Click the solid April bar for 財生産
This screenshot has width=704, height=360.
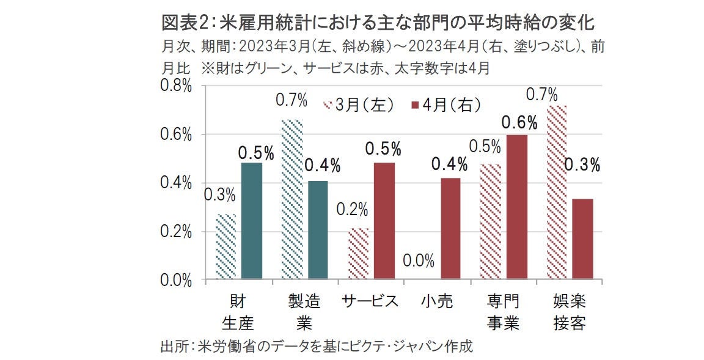coord(252,221)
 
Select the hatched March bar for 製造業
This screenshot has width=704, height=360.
coord(291,200)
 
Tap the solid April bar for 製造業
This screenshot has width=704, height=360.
coord(318,230)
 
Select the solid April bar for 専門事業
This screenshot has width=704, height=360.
coord(516,207)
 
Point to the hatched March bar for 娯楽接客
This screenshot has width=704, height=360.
coord(556,193)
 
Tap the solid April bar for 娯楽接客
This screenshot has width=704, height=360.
coord(582,240)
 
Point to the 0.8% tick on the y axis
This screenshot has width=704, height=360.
coord(175,86)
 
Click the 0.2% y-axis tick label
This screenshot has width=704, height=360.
coord(175,232)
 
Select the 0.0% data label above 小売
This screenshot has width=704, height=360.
coord(419,262)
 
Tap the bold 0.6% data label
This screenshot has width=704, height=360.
coord(519,123)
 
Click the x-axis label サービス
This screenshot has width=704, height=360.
coord(370,301)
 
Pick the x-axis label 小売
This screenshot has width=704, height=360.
coord(437,301)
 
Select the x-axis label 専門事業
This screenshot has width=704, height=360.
coord(504,312)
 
